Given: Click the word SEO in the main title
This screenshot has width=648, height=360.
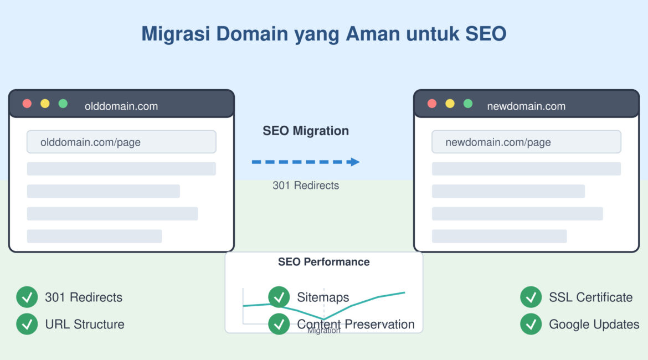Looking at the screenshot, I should click(x=485, y=34).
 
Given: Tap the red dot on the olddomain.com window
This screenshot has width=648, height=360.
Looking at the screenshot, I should click(x=27, y=104).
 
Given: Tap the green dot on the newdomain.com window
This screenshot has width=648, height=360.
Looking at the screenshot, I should click(x=468, y=104).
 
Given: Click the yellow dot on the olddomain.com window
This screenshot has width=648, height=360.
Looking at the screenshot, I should click(x=45, y=104).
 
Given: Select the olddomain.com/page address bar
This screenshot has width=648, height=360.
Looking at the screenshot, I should click(x=121, y=142).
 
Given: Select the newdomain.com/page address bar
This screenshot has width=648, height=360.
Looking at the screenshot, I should click(x=526, y=142).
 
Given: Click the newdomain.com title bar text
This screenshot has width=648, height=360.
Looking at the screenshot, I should click(x=526, y=106).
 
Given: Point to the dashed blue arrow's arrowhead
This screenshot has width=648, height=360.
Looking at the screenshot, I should click(x=354, y=162).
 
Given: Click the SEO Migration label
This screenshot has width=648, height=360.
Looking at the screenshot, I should click(x=306, y=131).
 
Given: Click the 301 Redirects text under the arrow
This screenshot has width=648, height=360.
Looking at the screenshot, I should click(x=306, y=186).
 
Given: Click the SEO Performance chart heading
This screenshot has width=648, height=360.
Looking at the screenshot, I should click(x=323, y=262).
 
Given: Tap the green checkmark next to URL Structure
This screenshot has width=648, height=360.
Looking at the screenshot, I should click(x=27, y=324).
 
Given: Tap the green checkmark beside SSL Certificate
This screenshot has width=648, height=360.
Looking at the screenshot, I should click(x=531, y=297).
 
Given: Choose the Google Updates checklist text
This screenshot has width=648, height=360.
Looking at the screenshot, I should click(x=594, y=325).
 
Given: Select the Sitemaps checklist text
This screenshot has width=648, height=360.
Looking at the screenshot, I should click(x=323, y=297).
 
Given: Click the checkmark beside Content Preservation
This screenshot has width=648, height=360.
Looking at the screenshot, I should click(x=279, y=324).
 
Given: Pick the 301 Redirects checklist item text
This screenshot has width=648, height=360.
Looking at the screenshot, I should click(x=84, y=297).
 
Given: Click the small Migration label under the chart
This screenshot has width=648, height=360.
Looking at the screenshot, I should click(x=323, y=331).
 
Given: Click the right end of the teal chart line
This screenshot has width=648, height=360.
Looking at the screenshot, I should click(x=404, y=292).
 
